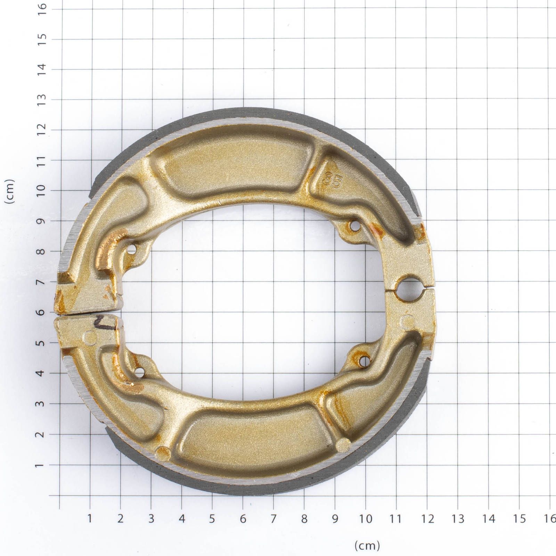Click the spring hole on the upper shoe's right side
pyautogui.click(x=354, y=226)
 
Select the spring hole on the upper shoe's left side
pyautogui.click(x=132, y=249)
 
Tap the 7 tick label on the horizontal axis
pyautogui.click(x=273, y=519)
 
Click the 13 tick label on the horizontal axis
pyautogui.click(x=458, y=519)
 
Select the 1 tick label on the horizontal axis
pyautogui.click(x=90, y=519)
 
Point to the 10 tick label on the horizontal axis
pyautogui.click(x=366, y=519)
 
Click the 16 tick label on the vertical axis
pyautogui.click(x=42, y=7)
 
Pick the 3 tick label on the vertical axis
pyautogui.click(x=42, y=404)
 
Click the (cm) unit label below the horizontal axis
pyautogui.click(x=367, y=545)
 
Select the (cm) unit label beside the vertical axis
pyautogui.click(x=10, y=191)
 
